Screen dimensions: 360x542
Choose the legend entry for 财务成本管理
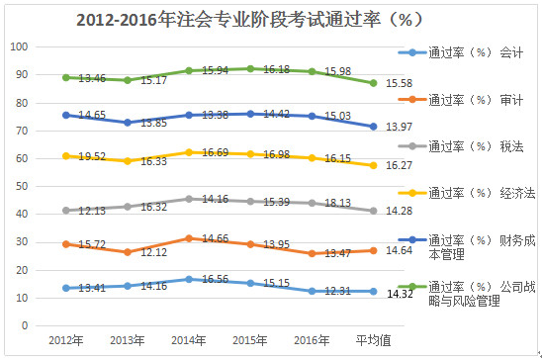tap(479, 246)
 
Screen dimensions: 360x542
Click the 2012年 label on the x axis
tap(66, 340)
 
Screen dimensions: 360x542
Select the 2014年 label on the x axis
tap(189, 340)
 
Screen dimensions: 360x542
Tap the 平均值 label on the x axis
tap(373, 340)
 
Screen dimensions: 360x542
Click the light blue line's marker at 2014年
tap(189, 279)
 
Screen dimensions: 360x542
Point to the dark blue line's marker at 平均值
tap(373, 127)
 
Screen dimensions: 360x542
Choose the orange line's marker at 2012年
tap(66, 243)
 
